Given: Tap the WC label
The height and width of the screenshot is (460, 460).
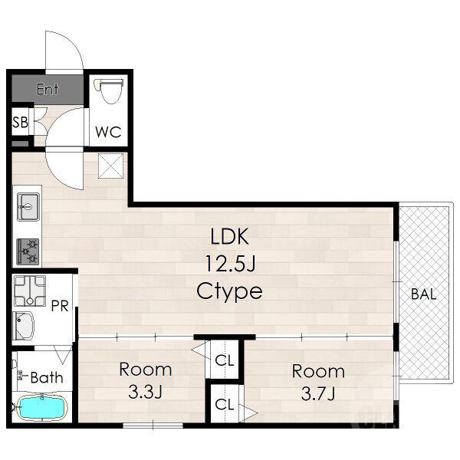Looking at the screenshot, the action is click(x=108, y=132).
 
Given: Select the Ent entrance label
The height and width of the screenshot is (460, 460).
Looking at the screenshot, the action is click(x=48, y=89).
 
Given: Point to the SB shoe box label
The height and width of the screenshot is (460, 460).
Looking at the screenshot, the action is click(x=20, y=122).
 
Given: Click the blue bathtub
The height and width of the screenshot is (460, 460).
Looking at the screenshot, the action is click(x=41, y=408).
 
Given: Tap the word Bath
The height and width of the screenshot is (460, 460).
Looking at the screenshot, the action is click(x=47, y=377).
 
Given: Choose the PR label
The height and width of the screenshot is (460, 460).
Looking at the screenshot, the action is click(x=60, y=306).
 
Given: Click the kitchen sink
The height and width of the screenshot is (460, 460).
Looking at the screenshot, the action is click(x=28, y=206).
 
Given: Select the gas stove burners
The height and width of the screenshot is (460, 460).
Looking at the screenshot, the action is click(x=28, y=251).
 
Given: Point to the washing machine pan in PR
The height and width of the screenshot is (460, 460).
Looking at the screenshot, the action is click(x=30, y=291).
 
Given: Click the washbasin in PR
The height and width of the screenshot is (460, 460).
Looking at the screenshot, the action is click(x=24, y=326).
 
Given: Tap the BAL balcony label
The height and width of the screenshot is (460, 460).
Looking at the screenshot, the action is click(x=424, y=294).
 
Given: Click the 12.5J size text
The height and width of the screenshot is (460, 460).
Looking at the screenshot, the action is click(x=230, y=264).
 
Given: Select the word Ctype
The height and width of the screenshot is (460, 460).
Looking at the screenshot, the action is click(x=229, y=291).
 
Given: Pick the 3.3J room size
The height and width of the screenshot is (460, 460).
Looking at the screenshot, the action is click(x=145, y=392).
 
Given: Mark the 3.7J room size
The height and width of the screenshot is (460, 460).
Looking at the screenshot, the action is click(x=318, y=394).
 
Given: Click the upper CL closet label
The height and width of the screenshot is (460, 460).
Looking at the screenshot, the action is click(x=225, y=360).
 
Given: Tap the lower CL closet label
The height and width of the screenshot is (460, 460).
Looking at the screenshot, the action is click(x=225, y=405).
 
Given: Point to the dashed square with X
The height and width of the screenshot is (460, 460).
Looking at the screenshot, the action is click(x=110, y=166).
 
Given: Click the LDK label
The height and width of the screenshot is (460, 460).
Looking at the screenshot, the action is click(x=230, y=236).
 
